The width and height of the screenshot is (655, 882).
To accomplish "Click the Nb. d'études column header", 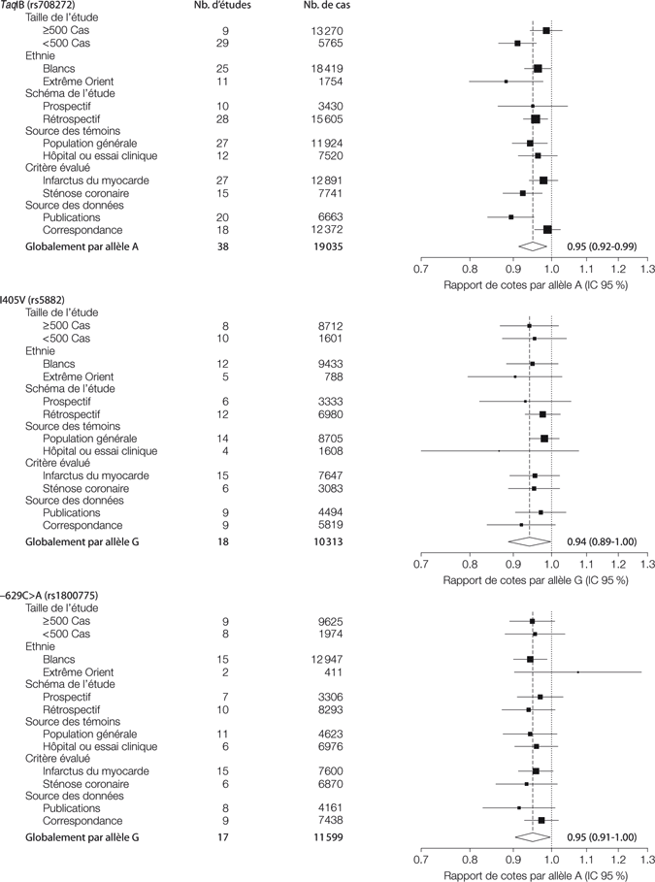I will pyautogui.click(x=225, y=6).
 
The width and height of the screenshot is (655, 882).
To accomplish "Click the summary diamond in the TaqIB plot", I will pyautogui.click(x=534, y=247).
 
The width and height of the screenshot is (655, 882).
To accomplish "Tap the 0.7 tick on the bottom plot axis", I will pyautogui.click(x=422, y=858).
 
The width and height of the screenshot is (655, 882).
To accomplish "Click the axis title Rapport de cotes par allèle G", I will pyautogui.click(x=535, y=579).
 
